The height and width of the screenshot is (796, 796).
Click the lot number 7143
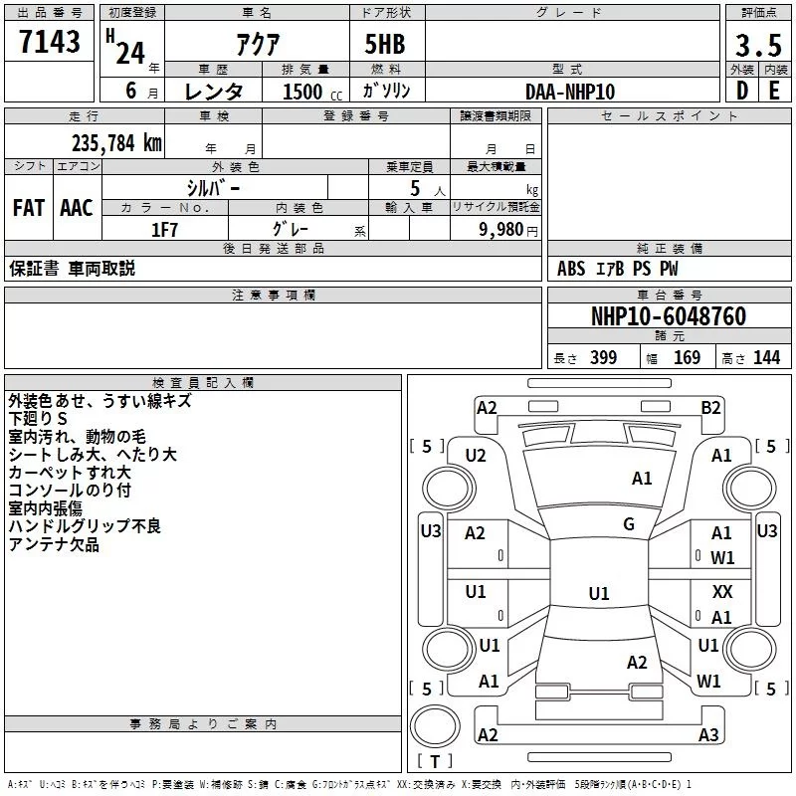pyautogui.click(x=49, y=42)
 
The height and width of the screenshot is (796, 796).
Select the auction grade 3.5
pyautogui.click(x=758, y=45)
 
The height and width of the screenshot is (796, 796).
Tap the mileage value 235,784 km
pyautogui.click(x=116, y=143)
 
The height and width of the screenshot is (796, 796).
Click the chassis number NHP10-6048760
pyautogui.click(x=669, y=316)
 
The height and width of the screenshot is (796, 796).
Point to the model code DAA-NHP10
pyautogui.click(x=570, y=92)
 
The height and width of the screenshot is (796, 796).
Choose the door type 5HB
pyautogui.click(x=385, y=44)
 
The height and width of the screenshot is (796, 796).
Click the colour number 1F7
pyautogui.click(x=164, y=230)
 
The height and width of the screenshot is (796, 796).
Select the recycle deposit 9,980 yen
pyautogui.click(x=508, y=230)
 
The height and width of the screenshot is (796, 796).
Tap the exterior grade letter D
pyautogui.click(x=742, y=91)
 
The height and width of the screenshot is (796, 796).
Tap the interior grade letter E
pyautogui.click(x=774, y=91)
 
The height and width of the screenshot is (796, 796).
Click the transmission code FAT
pyautogui.click(x=29, y=208)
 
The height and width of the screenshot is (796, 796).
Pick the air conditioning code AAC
pyautogui.click(x=77, y=208)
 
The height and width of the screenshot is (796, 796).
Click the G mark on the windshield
pyautogui.click(x=629, y=524)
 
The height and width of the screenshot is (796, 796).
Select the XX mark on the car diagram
pyautogui.click(x=722, y=591)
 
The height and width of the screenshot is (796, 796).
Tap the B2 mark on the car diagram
pyautogui.click(x=710, y=408)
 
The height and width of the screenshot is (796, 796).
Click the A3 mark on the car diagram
pyautogui.click(x=708, y=734)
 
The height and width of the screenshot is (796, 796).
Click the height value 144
pyautogui.click(x=766, y=357)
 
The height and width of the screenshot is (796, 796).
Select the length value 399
pyautogui.click(x=603, y=357)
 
